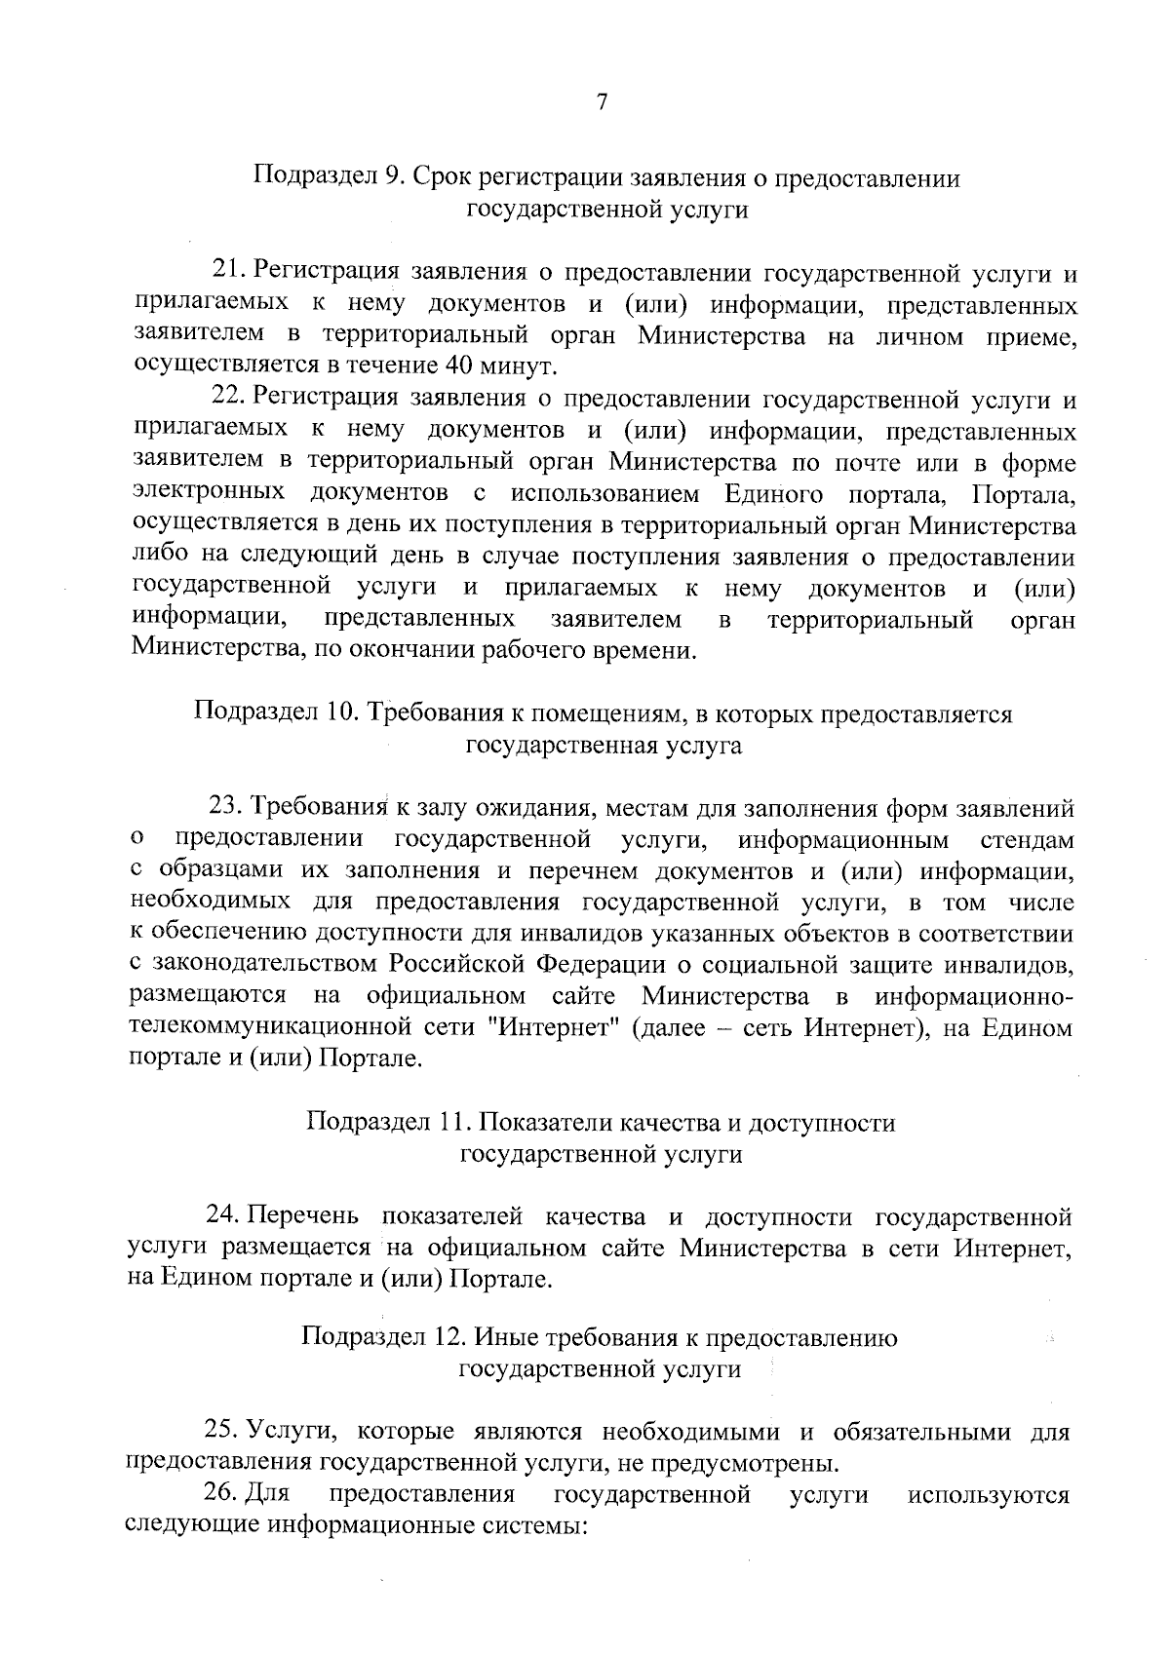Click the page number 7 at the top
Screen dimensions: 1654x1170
pyautogui.click(x=602, y=102)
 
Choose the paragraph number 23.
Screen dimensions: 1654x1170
pyautogui.click(x=224, y=808)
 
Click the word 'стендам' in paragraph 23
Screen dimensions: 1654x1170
pyautogui.click(x=1026, y=839)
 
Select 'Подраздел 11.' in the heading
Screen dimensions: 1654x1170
pyautogui.click(x=386, y=1122)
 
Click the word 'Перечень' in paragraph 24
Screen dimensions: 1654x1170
pyautogui.click(x=303, y=1216)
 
